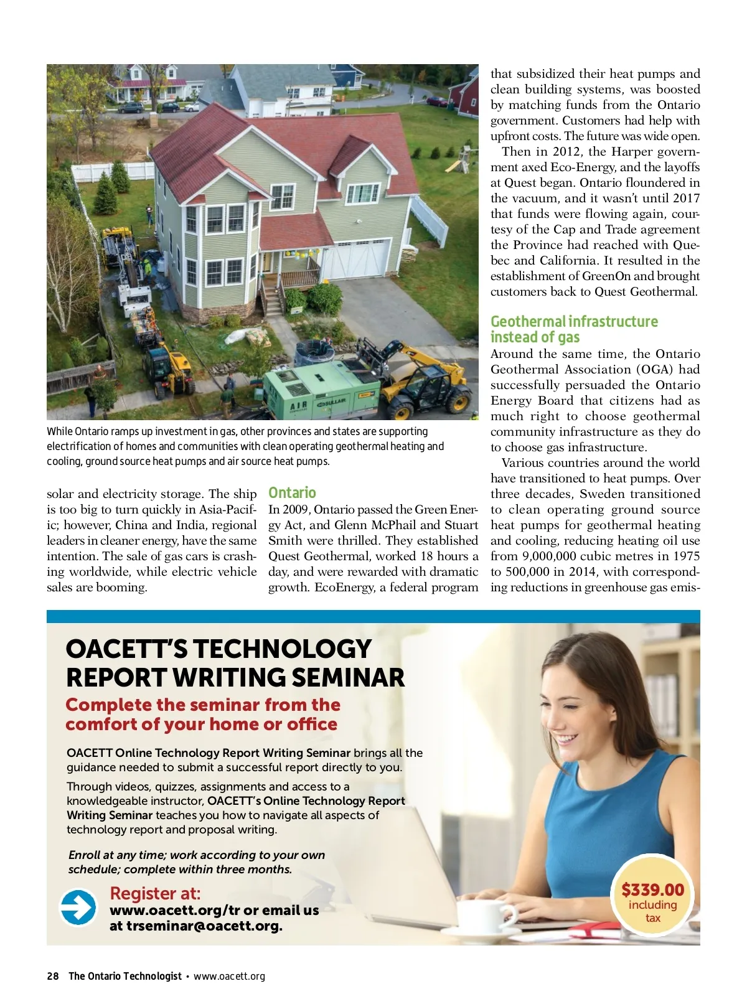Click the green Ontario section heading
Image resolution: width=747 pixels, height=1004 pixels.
(x=292, y=492)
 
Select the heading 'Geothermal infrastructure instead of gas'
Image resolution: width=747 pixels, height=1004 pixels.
(x=573, y=329)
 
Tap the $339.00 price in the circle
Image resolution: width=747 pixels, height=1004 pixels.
(x=652, y=889)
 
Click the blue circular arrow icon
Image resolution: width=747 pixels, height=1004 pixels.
(x=78, y=907)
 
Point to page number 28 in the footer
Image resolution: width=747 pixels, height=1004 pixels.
(x=52, y=976)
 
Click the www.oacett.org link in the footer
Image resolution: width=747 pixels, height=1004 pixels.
(x=229, y=976)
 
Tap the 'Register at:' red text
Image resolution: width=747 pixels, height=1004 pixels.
(x=155, y=893)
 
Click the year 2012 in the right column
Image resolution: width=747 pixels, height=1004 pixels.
(x=565, y=152)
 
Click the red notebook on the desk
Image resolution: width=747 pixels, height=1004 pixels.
(x=594, y=930)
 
